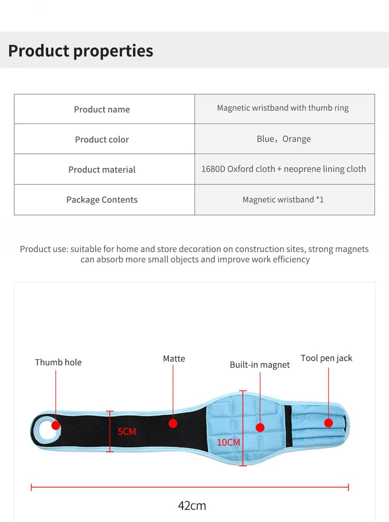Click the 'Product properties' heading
point(81,51)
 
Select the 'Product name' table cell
point(102,110)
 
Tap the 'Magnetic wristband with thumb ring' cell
point(283,108)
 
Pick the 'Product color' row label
point(102,140)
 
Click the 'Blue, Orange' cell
point(284,139)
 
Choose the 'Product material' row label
point(102,170)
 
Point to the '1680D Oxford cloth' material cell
point(284,169)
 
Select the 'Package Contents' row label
point(102,200)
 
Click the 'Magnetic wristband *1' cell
point(283,200)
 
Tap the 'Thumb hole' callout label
point(58,363)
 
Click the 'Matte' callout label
point(174,359)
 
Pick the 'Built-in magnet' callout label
point(259,365)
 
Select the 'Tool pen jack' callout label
point(326,358)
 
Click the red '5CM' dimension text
point(127,432)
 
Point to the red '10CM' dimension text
point(228,443)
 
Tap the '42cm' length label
point(192,506)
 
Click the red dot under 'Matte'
point(173,423)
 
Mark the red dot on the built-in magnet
point(260,427)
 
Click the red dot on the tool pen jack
point(328,423)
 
